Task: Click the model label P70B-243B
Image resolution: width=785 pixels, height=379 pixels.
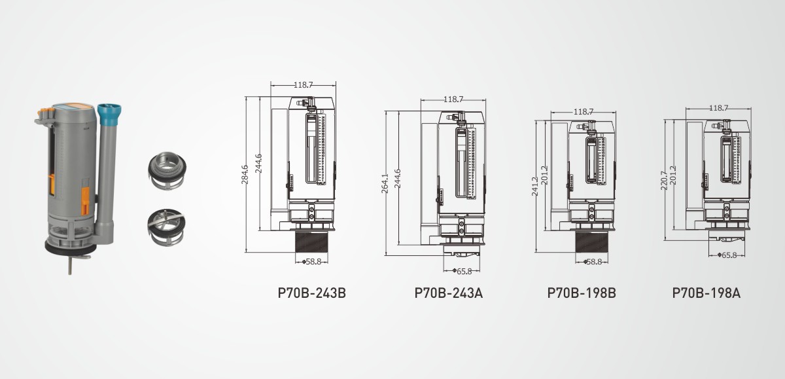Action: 311,293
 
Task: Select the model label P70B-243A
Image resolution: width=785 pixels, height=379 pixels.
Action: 449,293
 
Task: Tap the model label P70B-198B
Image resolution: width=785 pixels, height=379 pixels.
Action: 582,293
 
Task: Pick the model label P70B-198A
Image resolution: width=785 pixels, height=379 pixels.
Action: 706,293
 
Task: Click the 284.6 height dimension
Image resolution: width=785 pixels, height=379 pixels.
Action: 245,175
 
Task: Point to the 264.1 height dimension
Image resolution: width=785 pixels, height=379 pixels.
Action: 385,183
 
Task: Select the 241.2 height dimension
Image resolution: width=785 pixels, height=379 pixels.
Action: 535,186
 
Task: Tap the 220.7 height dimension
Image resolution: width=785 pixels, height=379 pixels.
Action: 663,181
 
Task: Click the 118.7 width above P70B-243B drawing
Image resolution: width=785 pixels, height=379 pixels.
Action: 303,85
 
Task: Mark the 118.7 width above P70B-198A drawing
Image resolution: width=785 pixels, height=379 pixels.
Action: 718,108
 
